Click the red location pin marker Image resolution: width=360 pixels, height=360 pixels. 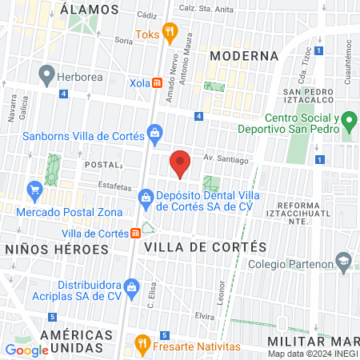point(180,163)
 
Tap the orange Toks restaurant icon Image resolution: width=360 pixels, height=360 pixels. point(169,34)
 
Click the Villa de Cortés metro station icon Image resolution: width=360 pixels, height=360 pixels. point(136,233)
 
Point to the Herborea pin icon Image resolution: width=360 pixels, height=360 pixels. point(46,76)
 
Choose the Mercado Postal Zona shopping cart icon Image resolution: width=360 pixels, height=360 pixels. point(34,190)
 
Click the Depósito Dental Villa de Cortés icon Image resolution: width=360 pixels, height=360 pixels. point(145,196)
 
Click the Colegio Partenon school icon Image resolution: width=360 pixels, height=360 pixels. point(344,261)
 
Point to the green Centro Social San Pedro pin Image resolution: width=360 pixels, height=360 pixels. point(348,122)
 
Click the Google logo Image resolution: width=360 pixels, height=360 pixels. point(26,350)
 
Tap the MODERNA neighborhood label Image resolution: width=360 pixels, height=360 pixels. point(243,56)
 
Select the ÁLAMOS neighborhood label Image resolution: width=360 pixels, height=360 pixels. point(90,10)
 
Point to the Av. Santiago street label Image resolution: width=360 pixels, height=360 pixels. point(220,158)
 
